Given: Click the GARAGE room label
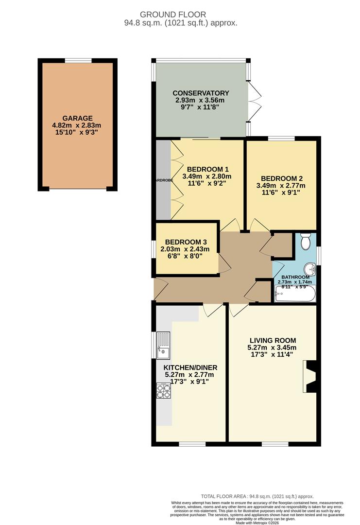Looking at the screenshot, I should tap(77, 118).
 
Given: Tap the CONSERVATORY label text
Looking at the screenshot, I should tap(201, 93).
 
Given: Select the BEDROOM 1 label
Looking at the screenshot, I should tap(207, 169).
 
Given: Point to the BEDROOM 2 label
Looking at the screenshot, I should tap(282, 178).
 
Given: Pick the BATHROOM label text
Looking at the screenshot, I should tap(295, 277).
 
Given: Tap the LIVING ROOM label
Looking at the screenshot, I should tap(273, 340).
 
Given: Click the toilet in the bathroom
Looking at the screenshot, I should tap(306, 242).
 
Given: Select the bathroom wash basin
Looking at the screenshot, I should tap(310, 268).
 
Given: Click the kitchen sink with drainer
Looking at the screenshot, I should tap(163, 345).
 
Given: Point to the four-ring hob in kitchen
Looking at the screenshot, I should tap(163, 391).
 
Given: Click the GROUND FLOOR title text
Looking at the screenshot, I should tap(180, 15).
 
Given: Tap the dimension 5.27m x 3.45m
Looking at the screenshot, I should tap(272, 348).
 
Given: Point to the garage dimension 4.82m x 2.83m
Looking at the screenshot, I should tap(77, 125).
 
